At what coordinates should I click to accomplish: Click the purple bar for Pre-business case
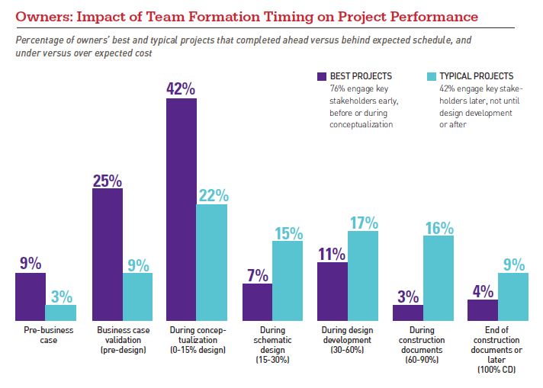click(31, 297)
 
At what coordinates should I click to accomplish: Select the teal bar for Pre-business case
click(61, 313)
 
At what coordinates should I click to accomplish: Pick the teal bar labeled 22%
click(213, 262)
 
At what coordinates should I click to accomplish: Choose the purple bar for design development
click(333, 291)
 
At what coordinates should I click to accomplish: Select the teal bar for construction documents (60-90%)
click(439, 277)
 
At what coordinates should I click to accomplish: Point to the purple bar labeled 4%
click(483, 309)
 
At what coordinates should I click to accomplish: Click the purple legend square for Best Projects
click(322, 77)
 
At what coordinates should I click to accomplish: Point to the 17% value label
click(363, 223)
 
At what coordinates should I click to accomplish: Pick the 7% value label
click(257, 274)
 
